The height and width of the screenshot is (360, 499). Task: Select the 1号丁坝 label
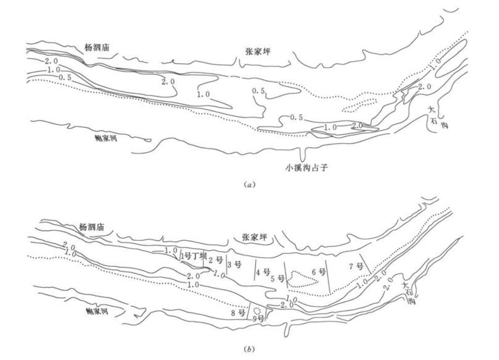click(193, 255)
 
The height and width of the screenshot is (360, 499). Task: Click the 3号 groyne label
click(234, 266)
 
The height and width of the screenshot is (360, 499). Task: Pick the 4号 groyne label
click(263, 271)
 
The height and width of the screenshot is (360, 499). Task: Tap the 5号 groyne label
click(277, 278)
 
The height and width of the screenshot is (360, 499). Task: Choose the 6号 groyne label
click(318, 271)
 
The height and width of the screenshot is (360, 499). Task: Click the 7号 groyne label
click(355, 266)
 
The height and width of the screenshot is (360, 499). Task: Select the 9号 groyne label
click(259, 319)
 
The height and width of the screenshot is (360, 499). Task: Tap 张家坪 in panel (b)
click(254, 237)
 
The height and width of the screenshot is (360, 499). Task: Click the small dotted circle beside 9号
click(257, 311)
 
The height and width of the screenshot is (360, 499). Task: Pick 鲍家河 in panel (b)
click(99, 312)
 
